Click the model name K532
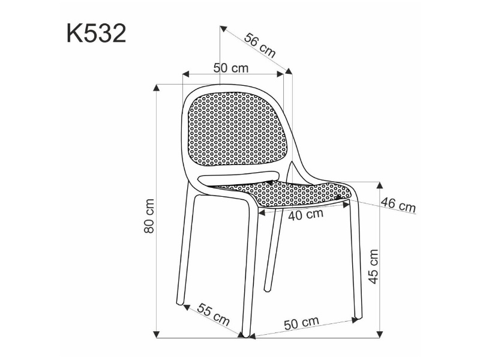click(96, 34)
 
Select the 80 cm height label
click(149, 216)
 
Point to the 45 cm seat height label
click(373, 266)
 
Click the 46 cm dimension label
click(398, 205)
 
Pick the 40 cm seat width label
click(305, 215)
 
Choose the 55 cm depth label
click(213, 314)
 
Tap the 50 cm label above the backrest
click(231, 68)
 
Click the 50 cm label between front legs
click(302, 323)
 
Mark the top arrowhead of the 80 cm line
click(157, 88)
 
